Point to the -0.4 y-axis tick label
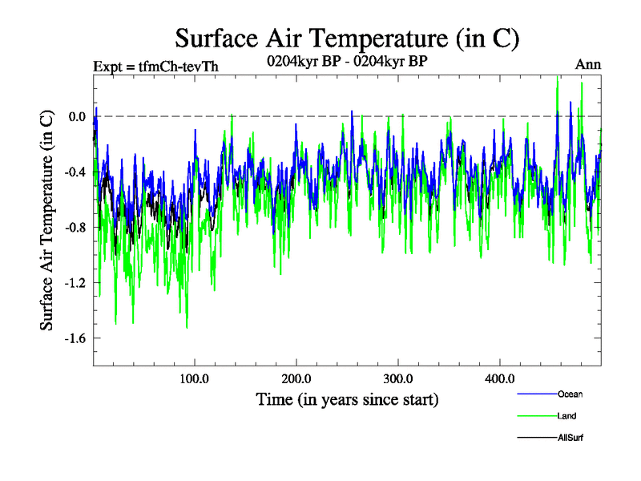click(x=74, y=172)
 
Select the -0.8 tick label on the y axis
click(x=74, y=227)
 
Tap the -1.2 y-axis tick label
click(x=74, y=282)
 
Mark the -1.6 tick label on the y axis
click(x=74, y=338)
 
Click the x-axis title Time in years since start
click(x=347, y=398)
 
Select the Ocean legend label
click(x=570, y=394)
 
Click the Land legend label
click(x=566, y=416)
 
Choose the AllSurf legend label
click(x=570, y=438)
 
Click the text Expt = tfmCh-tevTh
click(x=155, y=66)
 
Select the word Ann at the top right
click(x=588, y=64)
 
